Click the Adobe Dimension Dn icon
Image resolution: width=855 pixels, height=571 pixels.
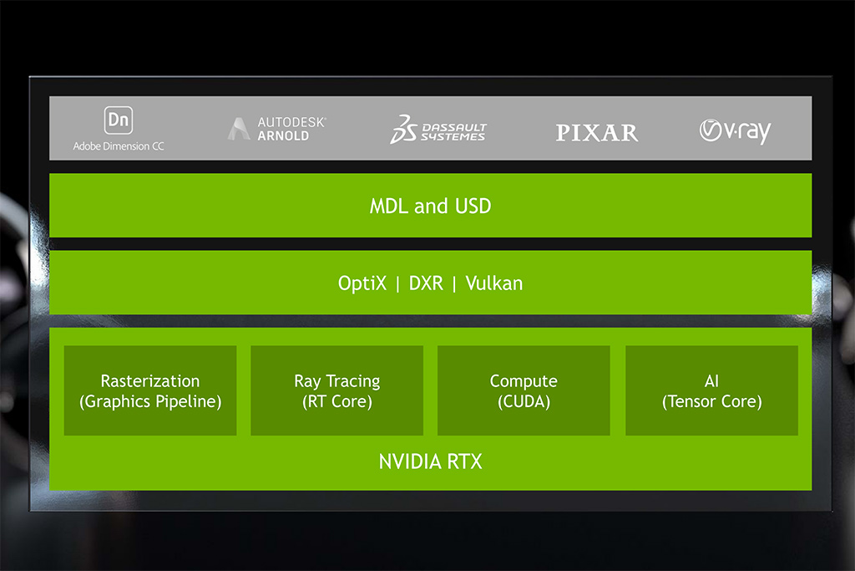119,120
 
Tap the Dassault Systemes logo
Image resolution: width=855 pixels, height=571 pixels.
438,130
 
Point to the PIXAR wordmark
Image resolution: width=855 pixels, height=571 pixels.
597,132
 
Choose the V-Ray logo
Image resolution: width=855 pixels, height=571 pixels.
735,131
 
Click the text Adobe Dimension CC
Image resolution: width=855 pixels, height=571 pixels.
119,146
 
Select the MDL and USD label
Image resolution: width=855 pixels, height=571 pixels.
430,206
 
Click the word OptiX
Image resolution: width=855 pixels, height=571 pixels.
362,283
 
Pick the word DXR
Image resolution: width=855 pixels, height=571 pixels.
426,283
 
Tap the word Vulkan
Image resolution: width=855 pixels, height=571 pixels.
493,283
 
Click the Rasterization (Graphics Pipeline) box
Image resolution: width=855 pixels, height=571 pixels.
150,390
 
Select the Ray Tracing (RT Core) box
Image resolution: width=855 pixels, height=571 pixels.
336,390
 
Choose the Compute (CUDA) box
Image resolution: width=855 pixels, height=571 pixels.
524,390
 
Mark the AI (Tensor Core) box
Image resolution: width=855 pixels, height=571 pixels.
711,390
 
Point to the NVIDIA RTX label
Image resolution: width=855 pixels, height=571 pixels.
430,461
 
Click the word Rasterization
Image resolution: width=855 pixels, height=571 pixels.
150,381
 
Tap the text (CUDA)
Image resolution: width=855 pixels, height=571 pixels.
524,401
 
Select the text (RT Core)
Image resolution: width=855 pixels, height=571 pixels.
336,401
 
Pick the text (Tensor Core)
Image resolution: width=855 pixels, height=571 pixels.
711,401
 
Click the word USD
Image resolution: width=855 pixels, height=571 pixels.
473,206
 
